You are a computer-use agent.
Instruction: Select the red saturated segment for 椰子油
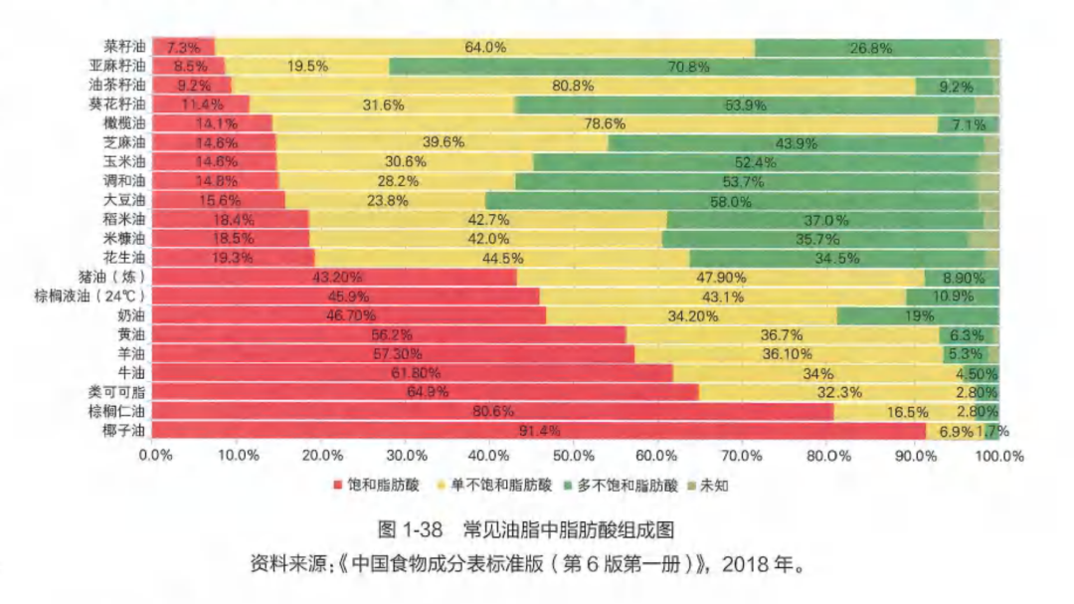click(540, 431)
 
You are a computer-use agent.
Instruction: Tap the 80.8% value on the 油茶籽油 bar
click(573, 86)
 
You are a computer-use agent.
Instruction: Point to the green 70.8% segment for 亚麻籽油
click(688, 67)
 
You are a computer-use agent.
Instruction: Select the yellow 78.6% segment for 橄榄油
click(605, 124)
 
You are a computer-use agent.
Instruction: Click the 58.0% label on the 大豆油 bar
click(731, 200)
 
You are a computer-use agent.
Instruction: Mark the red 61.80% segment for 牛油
click(414, 373)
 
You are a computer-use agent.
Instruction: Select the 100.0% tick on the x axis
click(999, 456)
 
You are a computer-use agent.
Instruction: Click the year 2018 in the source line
click(743, 564)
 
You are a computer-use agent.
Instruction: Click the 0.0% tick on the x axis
click(155, 456)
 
